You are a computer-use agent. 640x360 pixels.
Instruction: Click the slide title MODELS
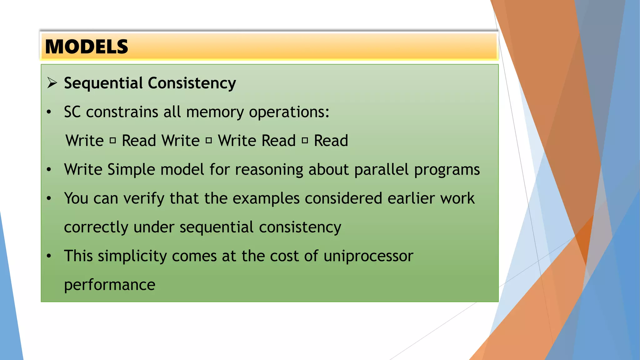point(87,47)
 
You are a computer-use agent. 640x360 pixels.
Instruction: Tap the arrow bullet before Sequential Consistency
point(52,83)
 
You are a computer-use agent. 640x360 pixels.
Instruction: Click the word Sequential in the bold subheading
point(103,83)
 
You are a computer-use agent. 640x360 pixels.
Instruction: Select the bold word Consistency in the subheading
point(192,83)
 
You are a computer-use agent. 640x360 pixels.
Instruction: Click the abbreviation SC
point(72,112)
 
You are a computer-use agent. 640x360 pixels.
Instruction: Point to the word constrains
point(122,112)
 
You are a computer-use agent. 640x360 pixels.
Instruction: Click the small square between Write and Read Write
point(113,140)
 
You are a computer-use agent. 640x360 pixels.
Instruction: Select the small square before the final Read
point(305,140)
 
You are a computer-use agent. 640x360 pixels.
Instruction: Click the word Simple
point(131,170)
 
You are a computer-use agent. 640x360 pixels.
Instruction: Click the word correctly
point(96,227)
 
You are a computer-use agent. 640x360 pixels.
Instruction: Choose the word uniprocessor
point(368,256)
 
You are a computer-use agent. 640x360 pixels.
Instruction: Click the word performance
point(110,285)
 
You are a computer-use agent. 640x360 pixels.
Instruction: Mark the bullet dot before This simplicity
point(49,256)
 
